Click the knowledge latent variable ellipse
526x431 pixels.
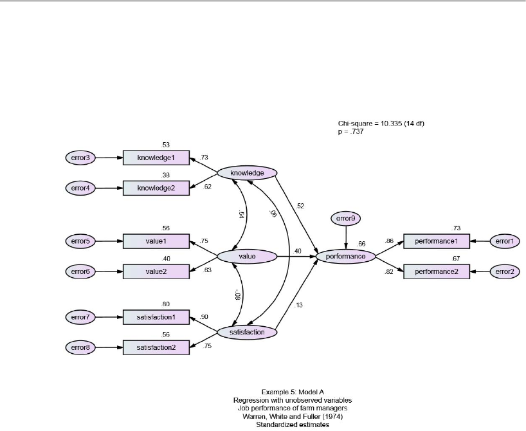247,173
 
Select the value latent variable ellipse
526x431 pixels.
247,257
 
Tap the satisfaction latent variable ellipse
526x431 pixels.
247,333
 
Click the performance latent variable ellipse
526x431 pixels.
345,257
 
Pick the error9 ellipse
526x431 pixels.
346,219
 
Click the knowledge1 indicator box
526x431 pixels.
156,158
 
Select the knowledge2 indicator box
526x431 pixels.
156,188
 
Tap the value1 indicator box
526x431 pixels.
156,242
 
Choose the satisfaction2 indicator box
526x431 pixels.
156,348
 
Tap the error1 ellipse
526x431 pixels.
505,242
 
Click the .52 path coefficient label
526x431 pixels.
300,206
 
